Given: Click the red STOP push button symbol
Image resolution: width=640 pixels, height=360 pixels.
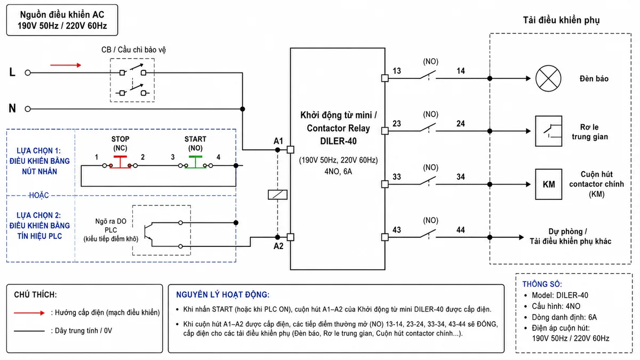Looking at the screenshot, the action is click(120, 162).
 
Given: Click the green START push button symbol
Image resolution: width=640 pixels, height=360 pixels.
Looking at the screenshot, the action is click(195, 162).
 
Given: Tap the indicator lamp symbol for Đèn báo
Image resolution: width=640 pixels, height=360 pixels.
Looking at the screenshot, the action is click(548, 78).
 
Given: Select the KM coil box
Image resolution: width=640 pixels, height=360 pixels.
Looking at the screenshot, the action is click(549, 184).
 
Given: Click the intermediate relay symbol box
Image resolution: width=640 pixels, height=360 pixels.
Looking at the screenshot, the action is click(549, 131).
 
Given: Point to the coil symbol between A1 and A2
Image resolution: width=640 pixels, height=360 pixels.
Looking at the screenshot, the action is click(277, 195).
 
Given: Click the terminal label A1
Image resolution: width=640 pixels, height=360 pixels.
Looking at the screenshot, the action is click(278, 141).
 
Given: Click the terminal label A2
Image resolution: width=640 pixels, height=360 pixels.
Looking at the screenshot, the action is click(278, 246).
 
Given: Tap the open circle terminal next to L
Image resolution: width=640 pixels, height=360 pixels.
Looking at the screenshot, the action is click(28, 73).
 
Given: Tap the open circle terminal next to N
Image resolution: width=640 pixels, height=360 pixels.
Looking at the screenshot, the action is click(28, 109).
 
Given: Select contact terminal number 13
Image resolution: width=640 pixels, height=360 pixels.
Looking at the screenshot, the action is click(397, 71).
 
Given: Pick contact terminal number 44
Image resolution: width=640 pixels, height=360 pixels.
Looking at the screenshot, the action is click(461, 230).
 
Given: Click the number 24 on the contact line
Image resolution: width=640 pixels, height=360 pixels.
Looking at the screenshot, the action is click(461, 123).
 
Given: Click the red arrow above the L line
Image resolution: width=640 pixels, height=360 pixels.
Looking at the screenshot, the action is click(66, 65).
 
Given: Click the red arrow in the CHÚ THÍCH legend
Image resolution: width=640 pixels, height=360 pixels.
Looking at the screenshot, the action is click(29, 313).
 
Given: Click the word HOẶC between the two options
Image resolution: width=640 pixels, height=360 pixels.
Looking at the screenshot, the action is click(39, 195).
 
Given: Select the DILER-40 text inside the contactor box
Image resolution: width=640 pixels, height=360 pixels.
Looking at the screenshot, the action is click(338, 141).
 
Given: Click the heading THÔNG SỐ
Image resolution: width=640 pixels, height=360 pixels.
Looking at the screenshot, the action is click(542, 284).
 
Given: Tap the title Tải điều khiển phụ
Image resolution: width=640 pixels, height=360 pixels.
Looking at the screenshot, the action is click(561, 20).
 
